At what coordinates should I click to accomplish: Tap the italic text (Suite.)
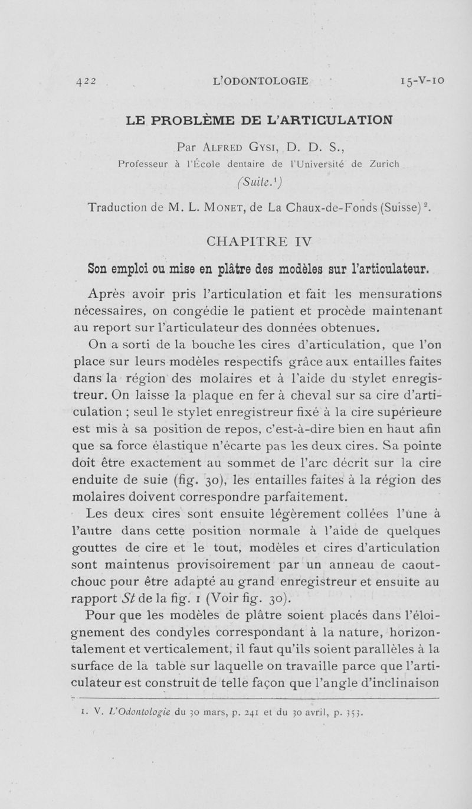click(235, 181)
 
